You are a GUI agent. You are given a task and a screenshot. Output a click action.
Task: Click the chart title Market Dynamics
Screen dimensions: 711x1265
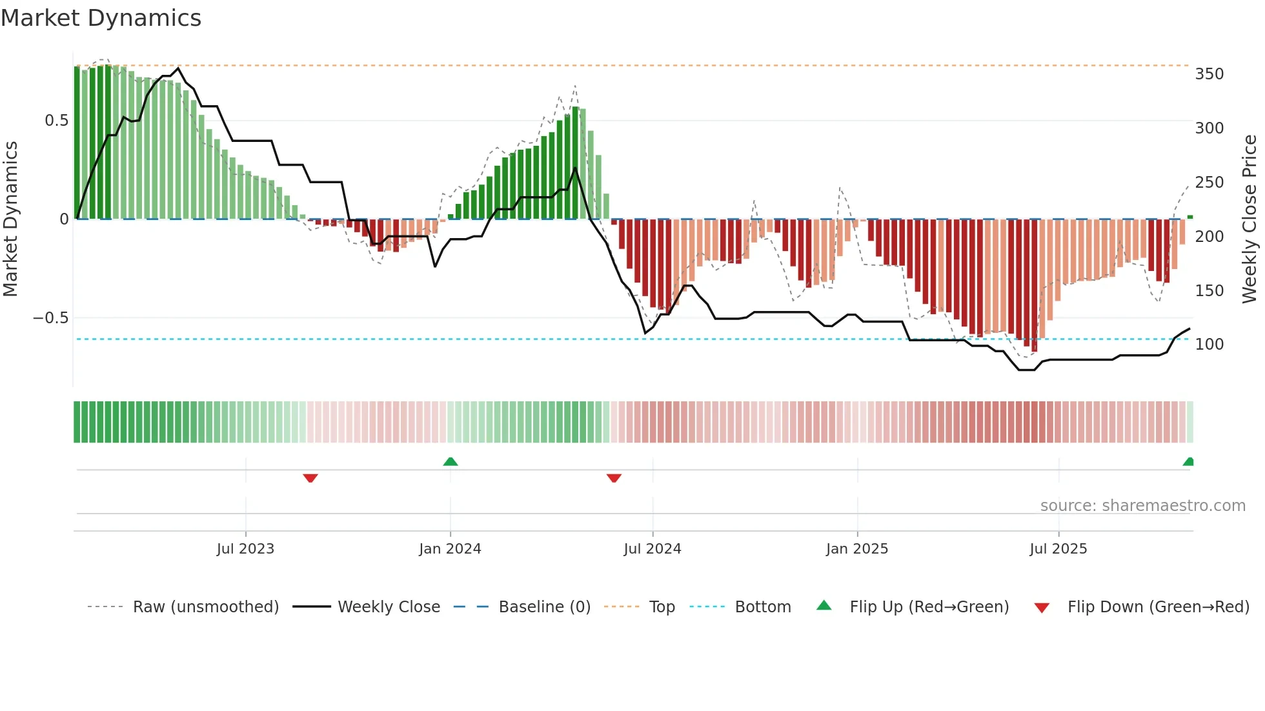coord(101,18)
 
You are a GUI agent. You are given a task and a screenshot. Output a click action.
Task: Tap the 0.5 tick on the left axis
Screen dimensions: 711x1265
coord(56,121)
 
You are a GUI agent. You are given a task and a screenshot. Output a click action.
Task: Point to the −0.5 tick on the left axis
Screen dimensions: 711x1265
coord(50,318)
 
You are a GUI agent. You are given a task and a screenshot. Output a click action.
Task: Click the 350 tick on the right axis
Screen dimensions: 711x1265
coord(1209,74)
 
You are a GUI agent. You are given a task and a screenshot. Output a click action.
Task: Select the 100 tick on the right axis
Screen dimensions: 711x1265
coord(1209,345)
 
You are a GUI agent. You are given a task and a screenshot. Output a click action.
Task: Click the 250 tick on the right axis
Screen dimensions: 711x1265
coord(1209,183)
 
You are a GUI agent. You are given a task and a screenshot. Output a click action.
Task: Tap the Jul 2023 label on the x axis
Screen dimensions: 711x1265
coord(245,549)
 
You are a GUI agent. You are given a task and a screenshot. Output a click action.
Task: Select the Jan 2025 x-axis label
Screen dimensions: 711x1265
coord(856,549)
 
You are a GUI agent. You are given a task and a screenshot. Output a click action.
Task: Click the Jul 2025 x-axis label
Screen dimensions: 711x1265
coord(1058,549)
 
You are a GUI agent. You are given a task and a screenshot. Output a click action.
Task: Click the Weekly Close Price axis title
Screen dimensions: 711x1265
coord(1250,219)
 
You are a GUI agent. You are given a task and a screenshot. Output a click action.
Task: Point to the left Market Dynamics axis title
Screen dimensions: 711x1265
coord(10,219)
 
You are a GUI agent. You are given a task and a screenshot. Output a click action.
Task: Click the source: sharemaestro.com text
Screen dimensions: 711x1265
coord(1142,506)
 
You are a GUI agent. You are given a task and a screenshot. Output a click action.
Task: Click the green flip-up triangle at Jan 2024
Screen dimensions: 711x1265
coord(450,462)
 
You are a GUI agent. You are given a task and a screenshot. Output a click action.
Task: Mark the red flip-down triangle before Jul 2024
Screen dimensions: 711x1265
coord(614,478)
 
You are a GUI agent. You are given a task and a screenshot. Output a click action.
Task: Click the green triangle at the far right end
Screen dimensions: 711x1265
coord(1188,462)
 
